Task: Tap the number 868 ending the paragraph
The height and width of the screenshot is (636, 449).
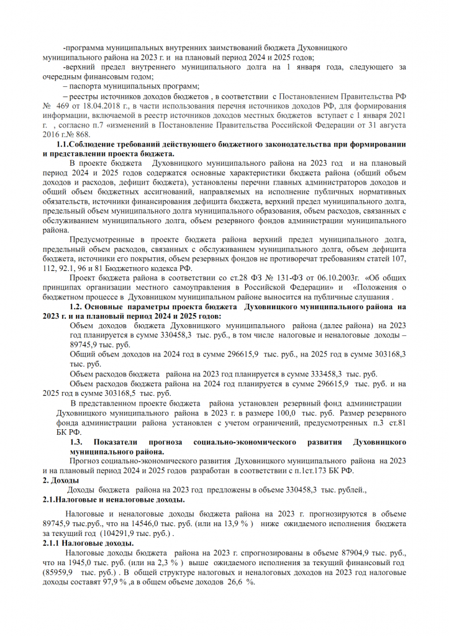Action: point(82,134)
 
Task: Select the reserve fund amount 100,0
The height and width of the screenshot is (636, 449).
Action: point(275,412)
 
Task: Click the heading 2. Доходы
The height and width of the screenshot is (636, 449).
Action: point(60,481)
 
